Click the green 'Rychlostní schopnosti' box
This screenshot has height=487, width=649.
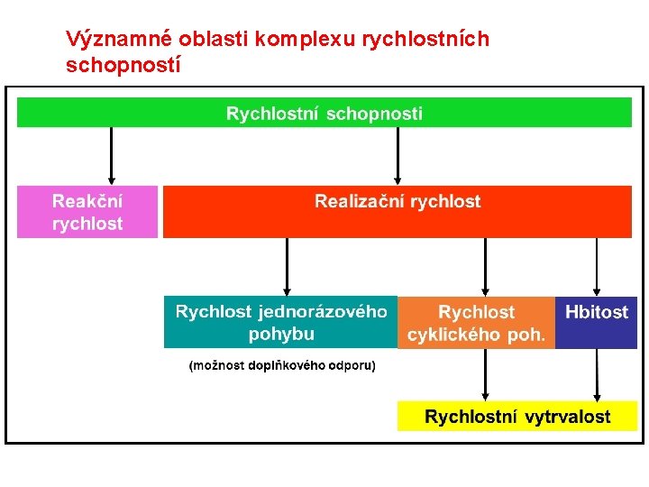tap(324, 113)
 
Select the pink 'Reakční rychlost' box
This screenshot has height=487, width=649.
tap(87, 212)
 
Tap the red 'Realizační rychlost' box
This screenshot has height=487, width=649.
tap(398, 212)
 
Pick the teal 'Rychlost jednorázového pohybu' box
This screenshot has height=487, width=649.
tap(281, 322)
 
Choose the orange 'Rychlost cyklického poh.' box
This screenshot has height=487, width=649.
tap(476, 323)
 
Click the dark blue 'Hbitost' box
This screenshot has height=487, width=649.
tap(597, 322)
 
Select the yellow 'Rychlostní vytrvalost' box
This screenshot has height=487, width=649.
tap(517, 417)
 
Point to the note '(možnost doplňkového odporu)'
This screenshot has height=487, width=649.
tap(281, 366)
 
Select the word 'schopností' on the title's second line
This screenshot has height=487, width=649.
tap(123, 65)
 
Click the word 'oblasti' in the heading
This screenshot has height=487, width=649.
tap(215, 40)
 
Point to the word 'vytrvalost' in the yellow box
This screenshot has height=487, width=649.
tap(567, 417)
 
